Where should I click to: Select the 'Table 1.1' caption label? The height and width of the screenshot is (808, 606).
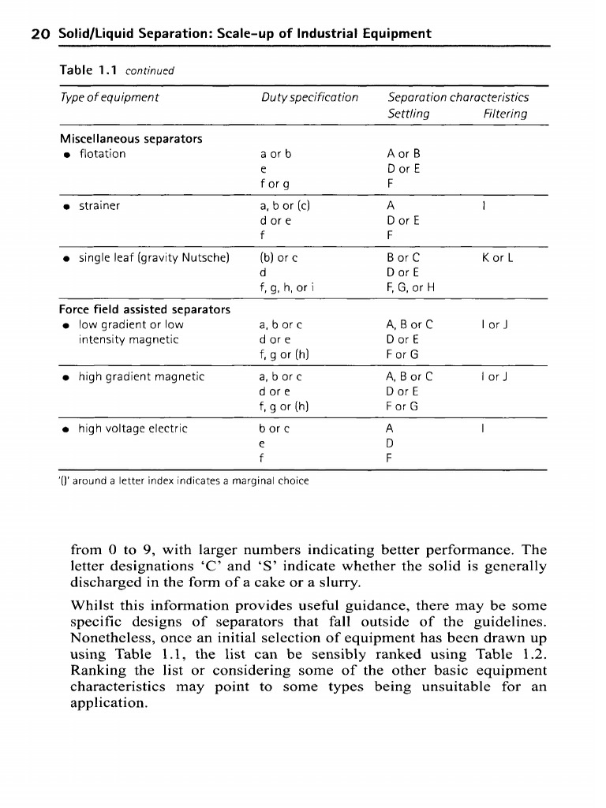click(x=88, y=70)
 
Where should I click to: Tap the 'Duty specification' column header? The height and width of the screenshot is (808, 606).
click(x=309, y=98)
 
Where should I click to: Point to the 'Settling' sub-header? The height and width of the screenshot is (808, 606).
click(x=409, y=114)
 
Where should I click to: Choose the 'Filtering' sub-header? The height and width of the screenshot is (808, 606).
click(x=505, y=114)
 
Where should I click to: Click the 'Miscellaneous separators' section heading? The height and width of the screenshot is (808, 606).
click(x=131, y=139)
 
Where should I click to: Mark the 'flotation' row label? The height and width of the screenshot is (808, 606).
click(x=103, y=153)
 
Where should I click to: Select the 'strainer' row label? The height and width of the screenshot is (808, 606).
click(x=99, y=205)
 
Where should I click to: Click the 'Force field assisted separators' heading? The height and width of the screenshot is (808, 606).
click(x=144, y=309)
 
